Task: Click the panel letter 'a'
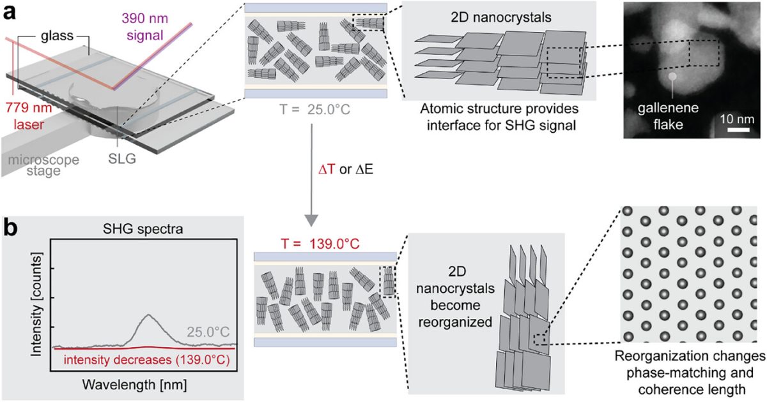point(10,12)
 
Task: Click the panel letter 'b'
point(12,228)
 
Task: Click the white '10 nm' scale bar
point(738,130)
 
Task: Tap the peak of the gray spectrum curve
point(148,315)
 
